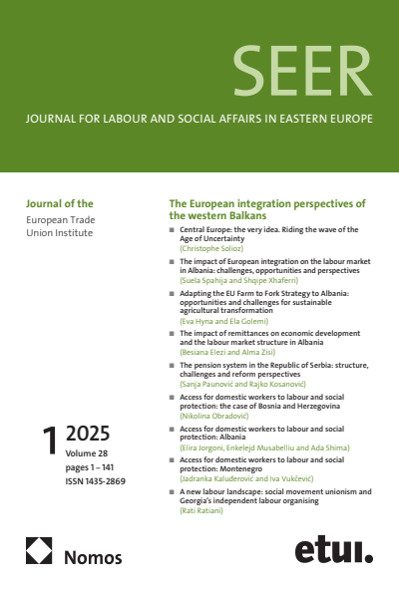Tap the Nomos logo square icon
pos(39,550)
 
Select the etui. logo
pos(333,549)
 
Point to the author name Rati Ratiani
pos(202,510)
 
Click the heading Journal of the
pos(59,203)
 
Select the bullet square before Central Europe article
pos(172,229)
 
